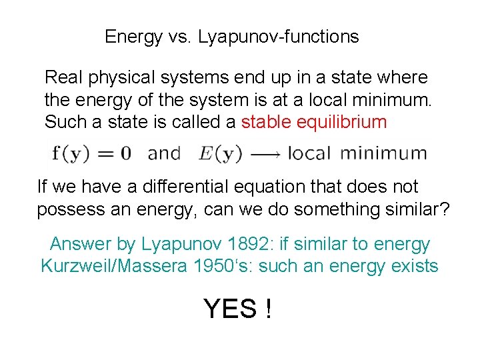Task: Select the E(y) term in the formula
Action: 220,153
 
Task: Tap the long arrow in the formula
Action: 267,154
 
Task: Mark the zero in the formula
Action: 124,153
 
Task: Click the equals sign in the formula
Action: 106,154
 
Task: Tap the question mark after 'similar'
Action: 445,209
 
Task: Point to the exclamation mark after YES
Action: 268,309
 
